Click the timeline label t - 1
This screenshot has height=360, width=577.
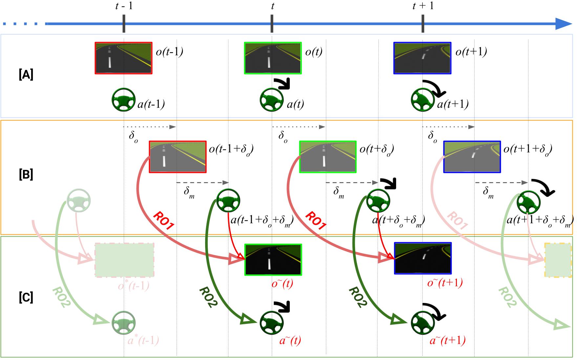[x=124, y=6]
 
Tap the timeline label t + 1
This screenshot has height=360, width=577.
[x=423, y=6]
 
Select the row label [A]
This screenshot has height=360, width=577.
[x=26, y=75]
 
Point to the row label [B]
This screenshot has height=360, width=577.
[x=26, y=175]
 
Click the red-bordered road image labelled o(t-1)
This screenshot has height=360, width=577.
[x=123, y=58]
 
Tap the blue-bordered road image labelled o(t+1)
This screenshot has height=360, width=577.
[x=422, y=58]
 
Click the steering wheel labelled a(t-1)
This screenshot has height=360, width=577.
[x=123, y=100]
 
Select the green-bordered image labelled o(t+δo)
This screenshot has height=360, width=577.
[x=328, y=157]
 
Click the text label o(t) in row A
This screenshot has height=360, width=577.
[x=313, y=52]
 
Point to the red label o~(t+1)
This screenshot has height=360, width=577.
[x=445, y=283]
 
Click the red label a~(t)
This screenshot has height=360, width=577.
[x=290, y=341]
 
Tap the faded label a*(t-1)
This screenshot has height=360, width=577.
[x=143, y=341]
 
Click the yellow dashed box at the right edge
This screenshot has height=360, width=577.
[x=558, y=261]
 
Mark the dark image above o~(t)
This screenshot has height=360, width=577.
[x=273, y=260]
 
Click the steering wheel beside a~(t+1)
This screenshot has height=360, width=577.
[x=423, y=323]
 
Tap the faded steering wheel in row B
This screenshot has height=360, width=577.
[x=78, y=200]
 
